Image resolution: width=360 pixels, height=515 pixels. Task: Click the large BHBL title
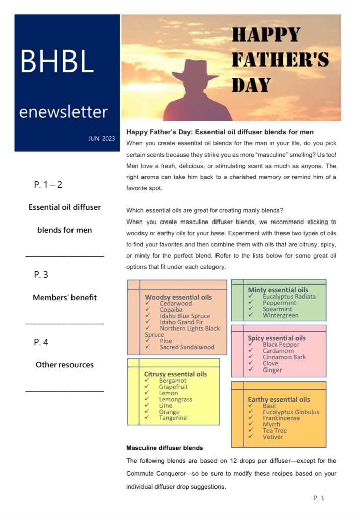[57, 62]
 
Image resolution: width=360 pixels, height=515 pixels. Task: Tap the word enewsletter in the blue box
[63, 111]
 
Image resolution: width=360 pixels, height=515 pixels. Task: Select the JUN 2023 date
[101, 139]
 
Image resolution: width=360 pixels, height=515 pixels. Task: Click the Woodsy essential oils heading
[178, 297]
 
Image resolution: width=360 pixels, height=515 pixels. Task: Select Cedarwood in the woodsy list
[176, 304]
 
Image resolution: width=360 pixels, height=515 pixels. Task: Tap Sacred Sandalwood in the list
[187, 347]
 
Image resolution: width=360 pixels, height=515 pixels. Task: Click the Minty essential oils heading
[278, 290]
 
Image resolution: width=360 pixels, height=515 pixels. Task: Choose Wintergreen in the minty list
[280, 315]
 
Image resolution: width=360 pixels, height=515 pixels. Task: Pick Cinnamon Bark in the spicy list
[284, 357]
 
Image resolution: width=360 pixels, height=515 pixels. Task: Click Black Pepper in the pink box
[280, 345]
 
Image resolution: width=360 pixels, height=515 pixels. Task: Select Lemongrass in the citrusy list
[175, 399]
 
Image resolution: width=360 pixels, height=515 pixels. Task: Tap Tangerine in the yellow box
[173, 418]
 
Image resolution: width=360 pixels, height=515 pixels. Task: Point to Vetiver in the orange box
[273, 437]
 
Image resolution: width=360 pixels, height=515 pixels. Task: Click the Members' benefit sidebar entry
[64, 297]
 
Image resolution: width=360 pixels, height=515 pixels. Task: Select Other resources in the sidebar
[64, 365]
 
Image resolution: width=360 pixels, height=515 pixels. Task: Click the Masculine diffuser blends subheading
[165, 447]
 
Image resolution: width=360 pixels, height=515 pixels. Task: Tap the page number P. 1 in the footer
[319, 498]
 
